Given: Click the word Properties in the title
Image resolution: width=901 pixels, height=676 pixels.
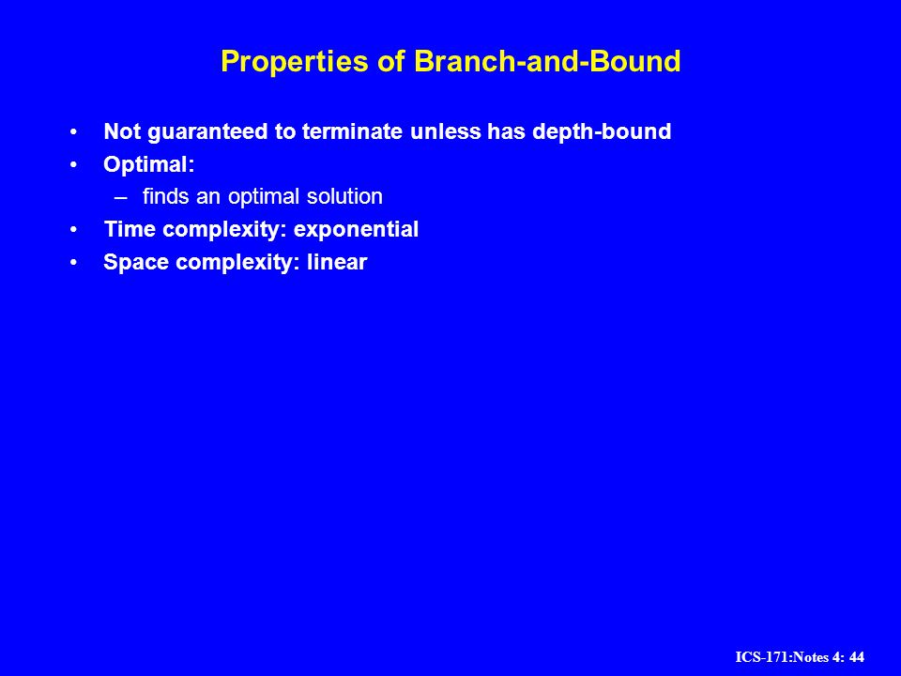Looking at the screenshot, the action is click(x=294, y=62).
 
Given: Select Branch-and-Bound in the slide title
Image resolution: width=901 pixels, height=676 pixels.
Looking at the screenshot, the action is click(x=547, y=61).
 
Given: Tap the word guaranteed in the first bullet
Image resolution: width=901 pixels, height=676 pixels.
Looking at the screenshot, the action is click(x=207, y=132).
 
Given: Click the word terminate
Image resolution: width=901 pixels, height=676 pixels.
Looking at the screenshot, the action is click(x=352, y=131).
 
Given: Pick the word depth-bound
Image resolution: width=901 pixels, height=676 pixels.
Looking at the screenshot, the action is click(x=602, y=132).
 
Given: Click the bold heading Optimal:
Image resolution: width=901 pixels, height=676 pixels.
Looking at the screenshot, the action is click(x=149, y=165).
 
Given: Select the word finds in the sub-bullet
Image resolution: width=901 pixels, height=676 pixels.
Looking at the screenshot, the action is click(x=165, y=196).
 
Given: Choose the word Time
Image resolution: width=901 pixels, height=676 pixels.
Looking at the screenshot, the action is click(x=130, y=229).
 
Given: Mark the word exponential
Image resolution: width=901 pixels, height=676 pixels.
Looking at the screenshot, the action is click(x=356, y=230).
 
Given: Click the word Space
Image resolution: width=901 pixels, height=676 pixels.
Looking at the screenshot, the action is click(x=136, y=263).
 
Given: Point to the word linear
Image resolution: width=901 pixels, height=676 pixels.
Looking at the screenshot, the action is click(x=337, y=262).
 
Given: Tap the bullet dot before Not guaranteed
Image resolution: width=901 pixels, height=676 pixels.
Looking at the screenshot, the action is click(x=73, y=132).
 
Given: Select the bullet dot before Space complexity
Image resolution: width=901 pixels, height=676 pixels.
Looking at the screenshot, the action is click(x=73, y=263).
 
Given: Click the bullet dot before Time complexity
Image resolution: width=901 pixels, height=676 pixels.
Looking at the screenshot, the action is click(x=73, y=230).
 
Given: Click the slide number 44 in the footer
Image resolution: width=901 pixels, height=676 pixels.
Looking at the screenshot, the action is click(x=856, y=657).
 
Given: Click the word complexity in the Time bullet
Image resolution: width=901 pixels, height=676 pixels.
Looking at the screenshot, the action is click(x=224, y=230).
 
